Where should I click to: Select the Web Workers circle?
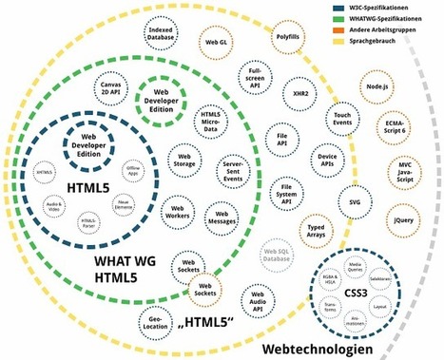click(175, 209)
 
